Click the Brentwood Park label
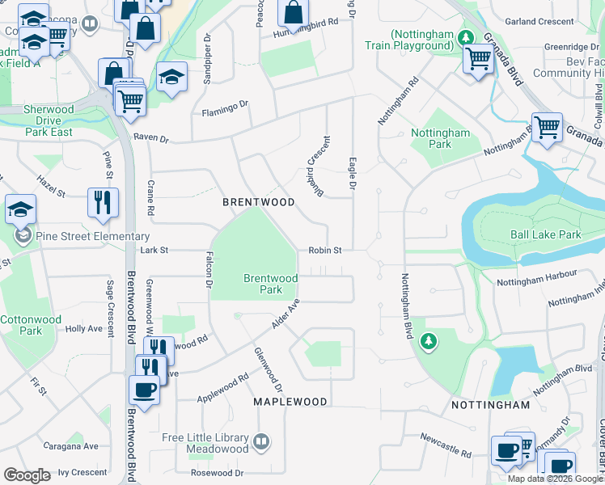click(x=271, y=284)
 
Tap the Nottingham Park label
click(x=440, y=138)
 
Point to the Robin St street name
click(x=325, y=251)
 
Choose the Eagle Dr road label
click(x=353, y=174)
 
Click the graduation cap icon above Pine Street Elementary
click(x=20, y=211)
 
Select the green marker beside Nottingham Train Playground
click(x=465, y=37)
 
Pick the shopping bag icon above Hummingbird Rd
click(x=294, y=13)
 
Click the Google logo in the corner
click(x=27, y=474)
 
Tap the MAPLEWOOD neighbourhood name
click(x=290, y=402)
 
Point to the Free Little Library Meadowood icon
click(x=260, y=442)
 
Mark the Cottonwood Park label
click(x=31, y=325)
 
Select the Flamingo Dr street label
click(x=225, y=103)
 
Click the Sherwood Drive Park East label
click(x=49, y=120)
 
